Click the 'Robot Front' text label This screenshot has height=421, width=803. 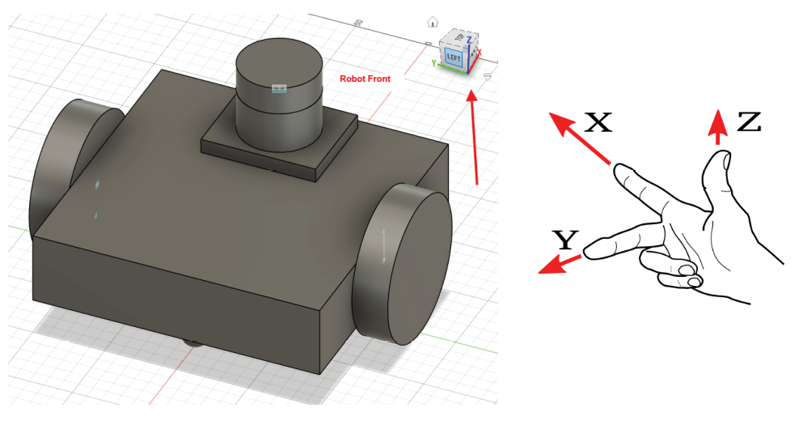365,79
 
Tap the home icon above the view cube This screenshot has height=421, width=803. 433,22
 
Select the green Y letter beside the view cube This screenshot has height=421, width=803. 434,62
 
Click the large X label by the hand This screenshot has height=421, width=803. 598,122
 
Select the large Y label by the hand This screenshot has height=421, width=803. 565,239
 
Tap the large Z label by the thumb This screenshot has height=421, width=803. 749,122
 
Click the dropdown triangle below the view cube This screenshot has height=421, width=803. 488,76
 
